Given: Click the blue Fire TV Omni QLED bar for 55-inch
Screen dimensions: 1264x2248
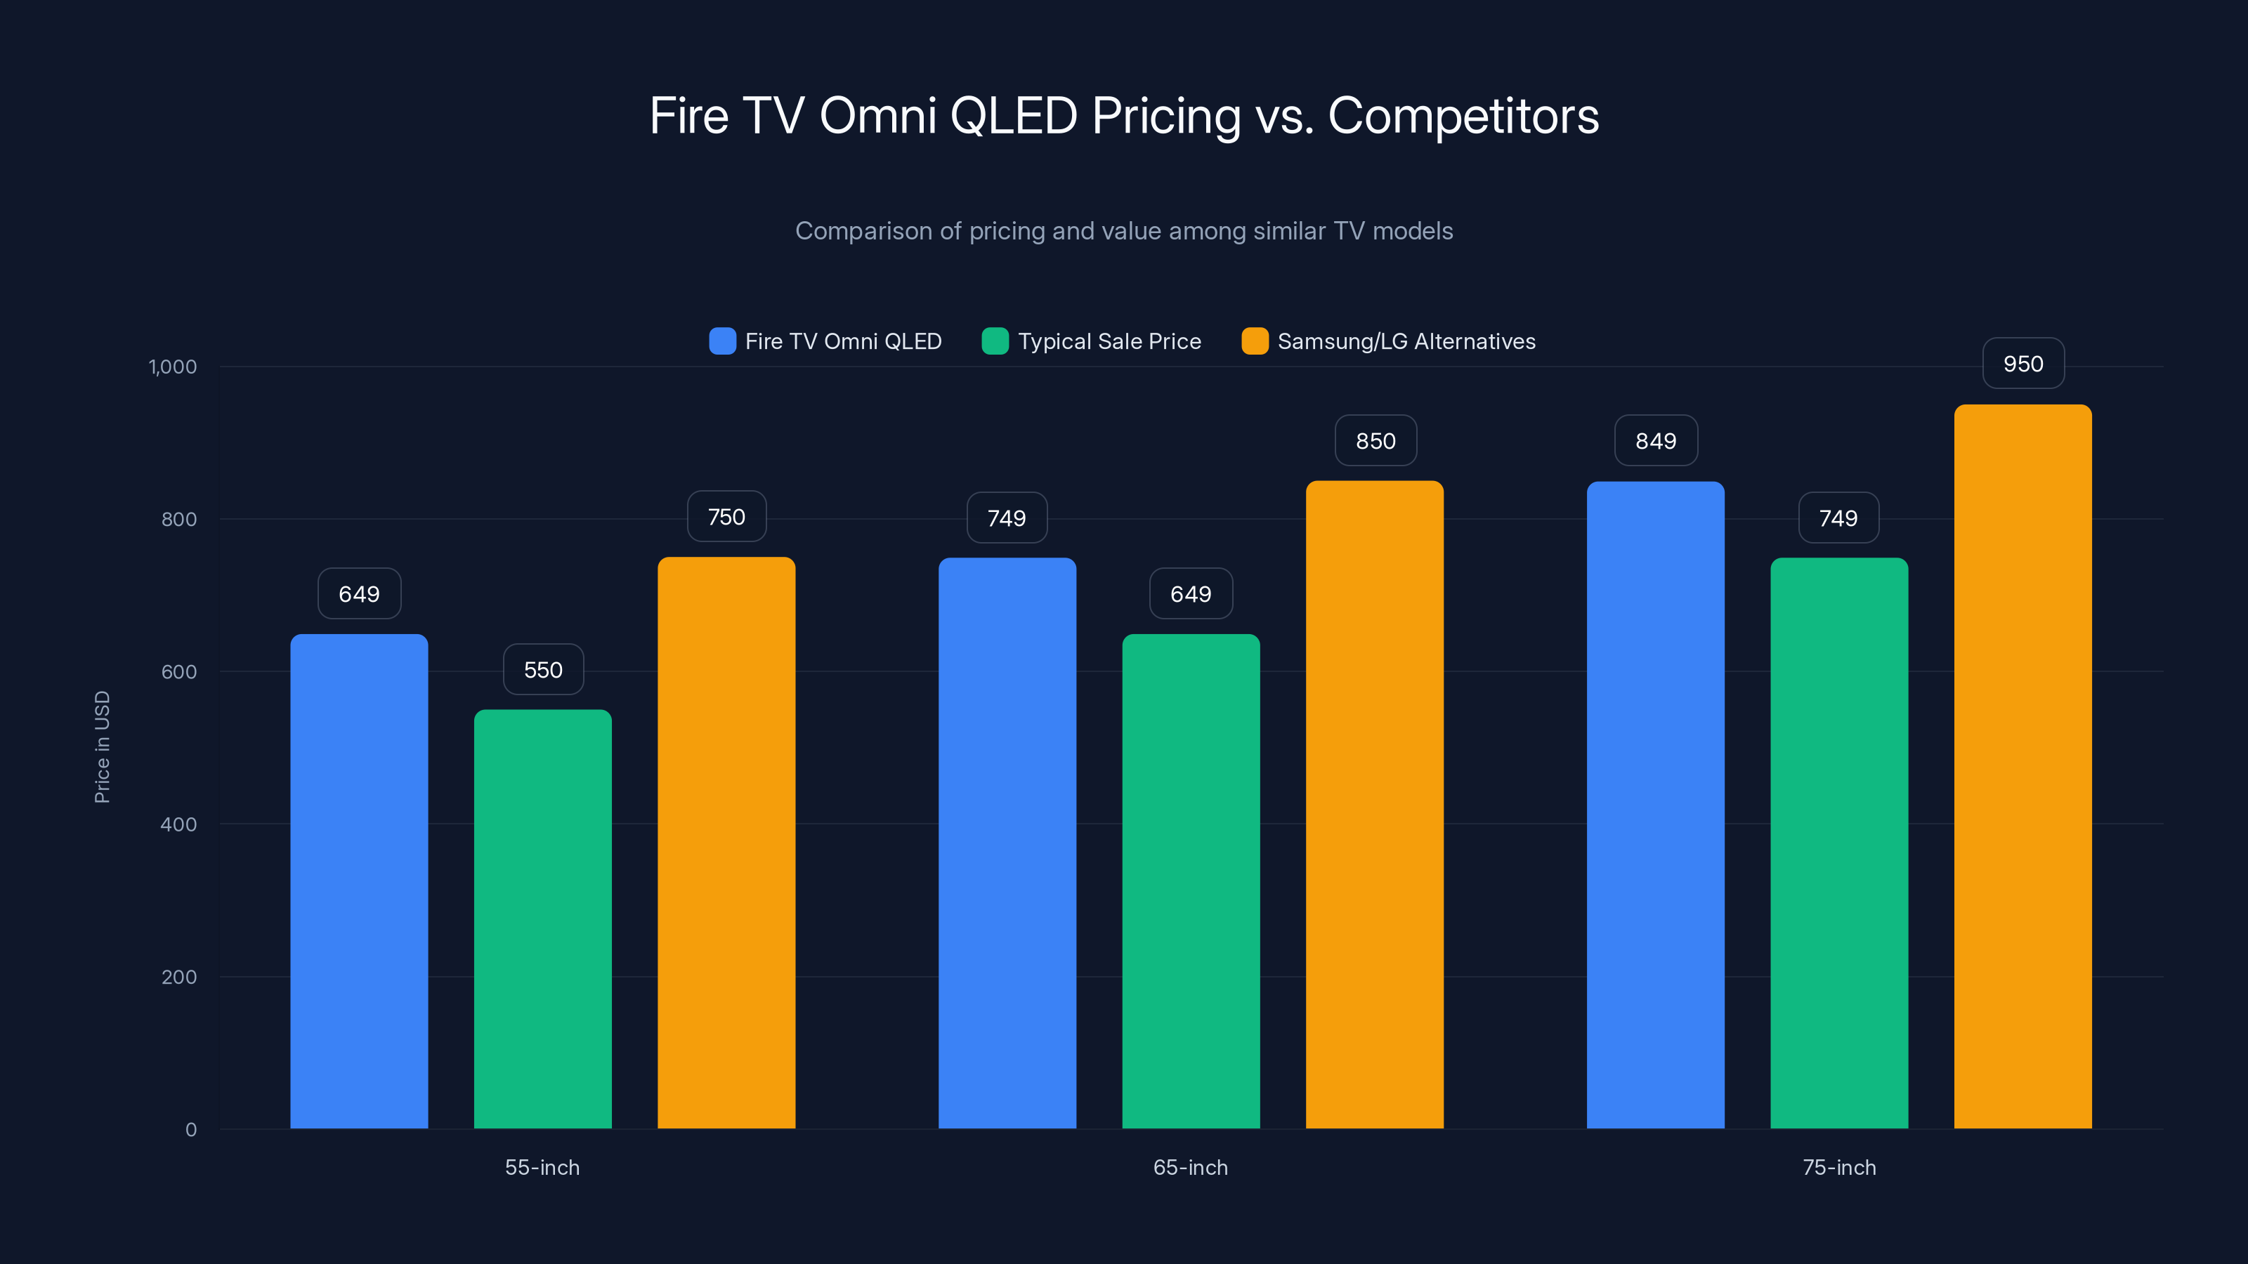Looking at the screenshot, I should click(x=359, y=881).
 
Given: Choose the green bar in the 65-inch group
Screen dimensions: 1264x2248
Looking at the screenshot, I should click(x=1190, y=881).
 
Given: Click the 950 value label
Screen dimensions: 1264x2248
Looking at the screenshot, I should click(x=2023, y=364).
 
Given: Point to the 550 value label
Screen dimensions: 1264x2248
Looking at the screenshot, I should click(x=543, y=670).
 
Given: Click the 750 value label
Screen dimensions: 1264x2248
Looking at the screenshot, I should click(x=726, y=518).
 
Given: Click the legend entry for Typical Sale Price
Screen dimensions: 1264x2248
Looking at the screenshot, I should click(x=1109, y=341).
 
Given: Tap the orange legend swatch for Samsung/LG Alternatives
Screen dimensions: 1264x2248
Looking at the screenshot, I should click(x=1255, y=341).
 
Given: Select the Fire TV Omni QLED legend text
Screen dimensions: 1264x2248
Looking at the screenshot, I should click(x=843, y=341).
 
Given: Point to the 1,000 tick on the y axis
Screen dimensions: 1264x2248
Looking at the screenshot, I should click(x=173, y=367).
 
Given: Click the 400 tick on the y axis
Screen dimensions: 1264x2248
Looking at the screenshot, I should click(x=179, y=824).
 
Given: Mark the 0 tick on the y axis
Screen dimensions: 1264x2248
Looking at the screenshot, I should click(x=191, y=1130).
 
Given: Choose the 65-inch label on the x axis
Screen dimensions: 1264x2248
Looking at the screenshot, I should click(x=1190, y=1167).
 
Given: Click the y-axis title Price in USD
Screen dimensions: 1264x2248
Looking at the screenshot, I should click(x=102, y=746).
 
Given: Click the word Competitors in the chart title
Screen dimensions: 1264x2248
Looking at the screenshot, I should click(x=1463, y=116).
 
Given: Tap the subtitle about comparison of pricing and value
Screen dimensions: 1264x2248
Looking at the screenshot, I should click(x=1124, y=231).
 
